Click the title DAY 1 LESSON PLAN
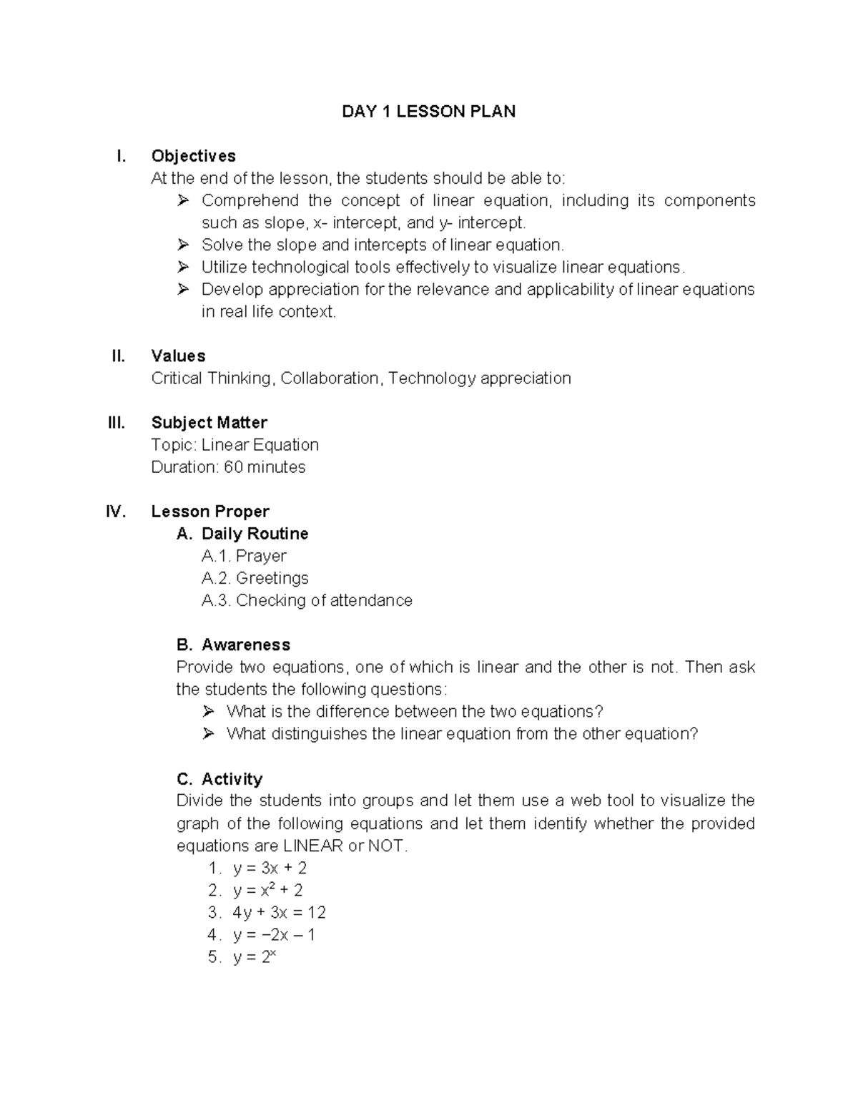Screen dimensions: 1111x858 (428, 112)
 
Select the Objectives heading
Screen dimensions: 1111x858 (193, 156)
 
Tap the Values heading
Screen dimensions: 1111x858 (178, 356)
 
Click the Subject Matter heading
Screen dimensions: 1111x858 (209, 423)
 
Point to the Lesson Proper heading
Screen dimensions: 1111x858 (209, 512)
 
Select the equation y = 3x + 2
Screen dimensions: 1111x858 (270, 868)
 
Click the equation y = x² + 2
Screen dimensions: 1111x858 (267, 891)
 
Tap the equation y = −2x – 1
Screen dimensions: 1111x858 (274, 935)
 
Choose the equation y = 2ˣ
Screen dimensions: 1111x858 (254, 957)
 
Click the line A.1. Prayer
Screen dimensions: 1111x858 (244, 556)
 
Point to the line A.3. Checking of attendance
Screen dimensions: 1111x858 (307, 600)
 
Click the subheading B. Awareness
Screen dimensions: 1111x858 (233, 645)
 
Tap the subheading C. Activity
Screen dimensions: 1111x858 (220, 778)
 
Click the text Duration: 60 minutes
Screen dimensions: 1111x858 (228, 467)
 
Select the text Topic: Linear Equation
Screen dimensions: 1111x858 (235, 445)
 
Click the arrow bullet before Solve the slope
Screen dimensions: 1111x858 (183, 245)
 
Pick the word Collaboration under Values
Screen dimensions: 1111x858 (330, 378)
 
